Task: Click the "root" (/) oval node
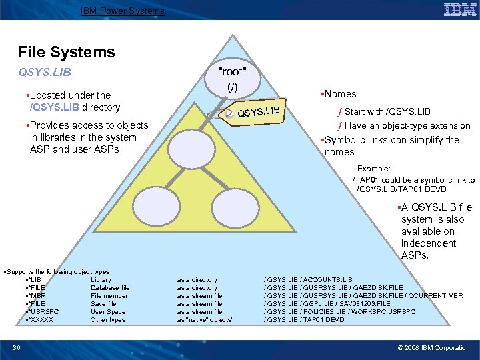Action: [x=232, y=79]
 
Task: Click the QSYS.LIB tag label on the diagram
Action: [x=262, y=110]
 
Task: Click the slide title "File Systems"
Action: [x=67, y=52]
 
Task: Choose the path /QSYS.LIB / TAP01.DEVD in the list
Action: [x=305, y=320]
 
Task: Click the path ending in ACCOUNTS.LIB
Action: [x=309, y=280]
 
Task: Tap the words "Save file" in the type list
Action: [x=103, y=304]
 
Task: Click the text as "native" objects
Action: [x=205, y=320]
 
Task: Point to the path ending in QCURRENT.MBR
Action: [x=363, y=296]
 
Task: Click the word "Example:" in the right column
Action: [x=373, y=169]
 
